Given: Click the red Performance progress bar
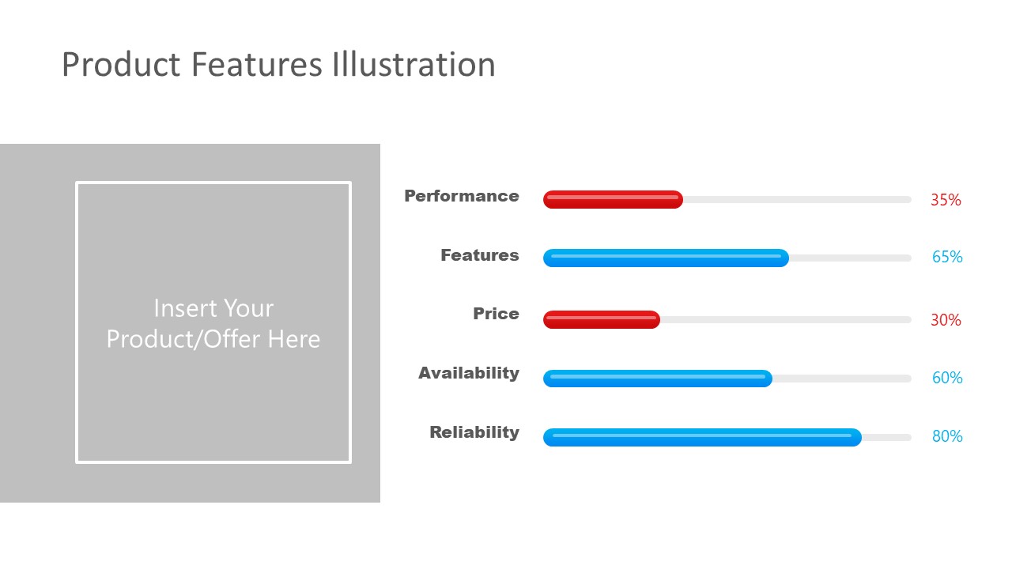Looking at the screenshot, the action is (x=613, y=200).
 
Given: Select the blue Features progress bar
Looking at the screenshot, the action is (x=666, y=258).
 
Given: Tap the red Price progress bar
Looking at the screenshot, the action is (x=602, y=320).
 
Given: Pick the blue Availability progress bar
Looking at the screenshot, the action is (x=658, y=379).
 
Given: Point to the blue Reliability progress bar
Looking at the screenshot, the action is (x=702, y=437).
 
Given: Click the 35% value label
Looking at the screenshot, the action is (x=946, y=200).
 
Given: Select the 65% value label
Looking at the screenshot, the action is (x=947, y=257).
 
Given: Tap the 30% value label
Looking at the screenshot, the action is (x=946, y=320).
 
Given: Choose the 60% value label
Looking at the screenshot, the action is (x=947, y=378).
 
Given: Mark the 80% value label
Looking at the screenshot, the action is (x=947, y=436).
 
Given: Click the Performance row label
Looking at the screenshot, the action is (x=461, y=196).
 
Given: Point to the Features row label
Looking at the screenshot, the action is (x=480, y=255).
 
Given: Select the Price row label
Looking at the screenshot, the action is (x=496, y=314).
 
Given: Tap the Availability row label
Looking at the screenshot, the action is (x=469, y=374).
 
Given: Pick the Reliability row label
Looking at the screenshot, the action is (x=474, y=432).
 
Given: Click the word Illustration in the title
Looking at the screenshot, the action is (x=413, y=64).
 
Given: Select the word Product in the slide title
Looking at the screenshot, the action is (x=121, y=64).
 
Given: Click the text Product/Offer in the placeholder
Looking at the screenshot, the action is (x=183, y=340).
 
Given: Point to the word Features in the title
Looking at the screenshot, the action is (x=257, y=64).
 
